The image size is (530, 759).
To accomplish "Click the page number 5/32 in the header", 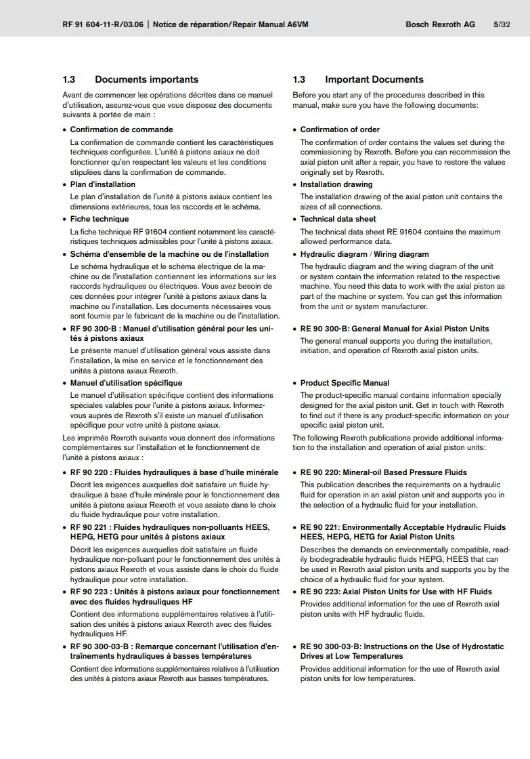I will [502, 24].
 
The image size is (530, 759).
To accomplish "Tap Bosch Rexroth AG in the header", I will [440, 24].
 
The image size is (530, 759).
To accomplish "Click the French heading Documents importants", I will [146, 79].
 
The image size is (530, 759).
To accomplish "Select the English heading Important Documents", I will [374, 79].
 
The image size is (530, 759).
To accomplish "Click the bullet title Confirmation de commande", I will [121, 129].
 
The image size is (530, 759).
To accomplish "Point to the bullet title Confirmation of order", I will [340, 129].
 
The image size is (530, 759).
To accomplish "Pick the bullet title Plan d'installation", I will [102, 184].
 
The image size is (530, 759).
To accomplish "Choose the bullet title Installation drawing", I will [336, 184].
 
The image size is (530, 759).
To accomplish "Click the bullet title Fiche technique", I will [99, 219].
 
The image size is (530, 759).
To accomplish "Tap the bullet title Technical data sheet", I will [338, 219].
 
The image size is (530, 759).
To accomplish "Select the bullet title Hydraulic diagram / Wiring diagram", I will [364, 254].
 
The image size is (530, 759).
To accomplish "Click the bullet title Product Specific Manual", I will [345, 383].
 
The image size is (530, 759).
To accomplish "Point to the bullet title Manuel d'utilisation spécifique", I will [126, 383].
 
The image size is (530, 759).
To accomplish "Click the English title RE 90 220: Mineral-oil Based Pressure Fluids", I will [383, 472].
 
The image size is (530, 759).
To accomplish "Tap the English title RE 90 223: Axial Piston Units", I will [396, 592].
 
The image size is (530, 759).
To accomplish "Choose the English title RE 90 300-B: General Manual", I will [394, 329].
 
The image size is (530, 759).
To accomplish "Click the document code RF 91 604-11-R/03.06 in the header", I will [102, 24].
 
